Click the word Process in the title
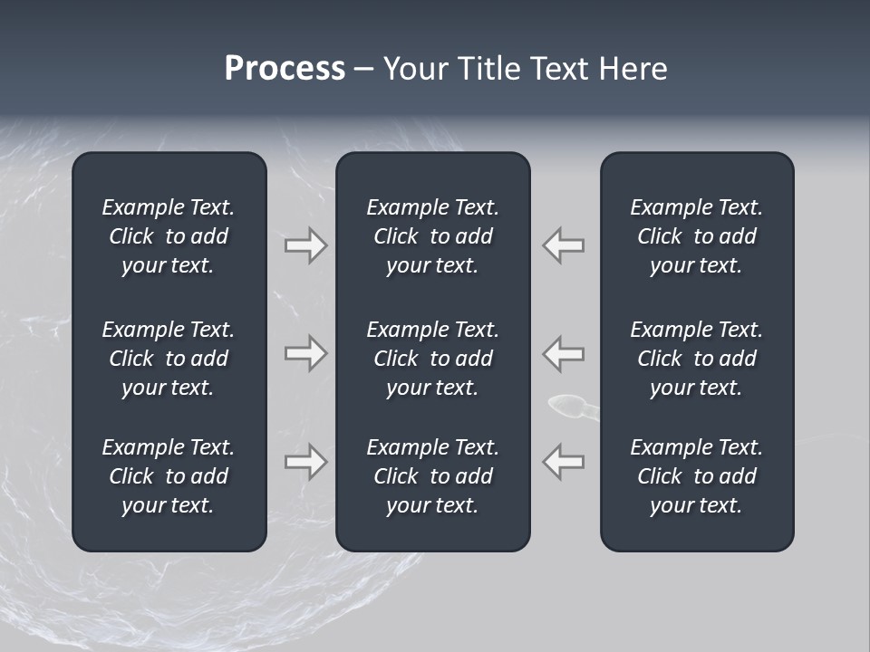[x=285, y=69]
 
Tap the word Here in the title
[x=632, y=69]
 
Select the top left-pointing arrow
[x=563, y=245]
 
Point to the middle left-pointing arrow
[x=563, y=353]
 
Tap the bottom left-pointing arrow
[x=563, y=462]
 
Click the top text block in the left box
[x=169, y=236]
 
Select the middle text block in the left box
[x=169, y=359]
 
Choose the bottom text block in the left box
[x=169, y=476]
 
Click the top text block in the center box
[x=432, y=236]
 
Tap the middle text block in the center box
[x=432, y=359]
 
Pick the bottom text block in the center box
[x=432, y=476]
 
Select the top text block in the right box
[x=696, y=236]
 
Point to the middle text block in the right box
[x=696, y=359]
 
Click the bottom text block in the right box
[x=696, y=476]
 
